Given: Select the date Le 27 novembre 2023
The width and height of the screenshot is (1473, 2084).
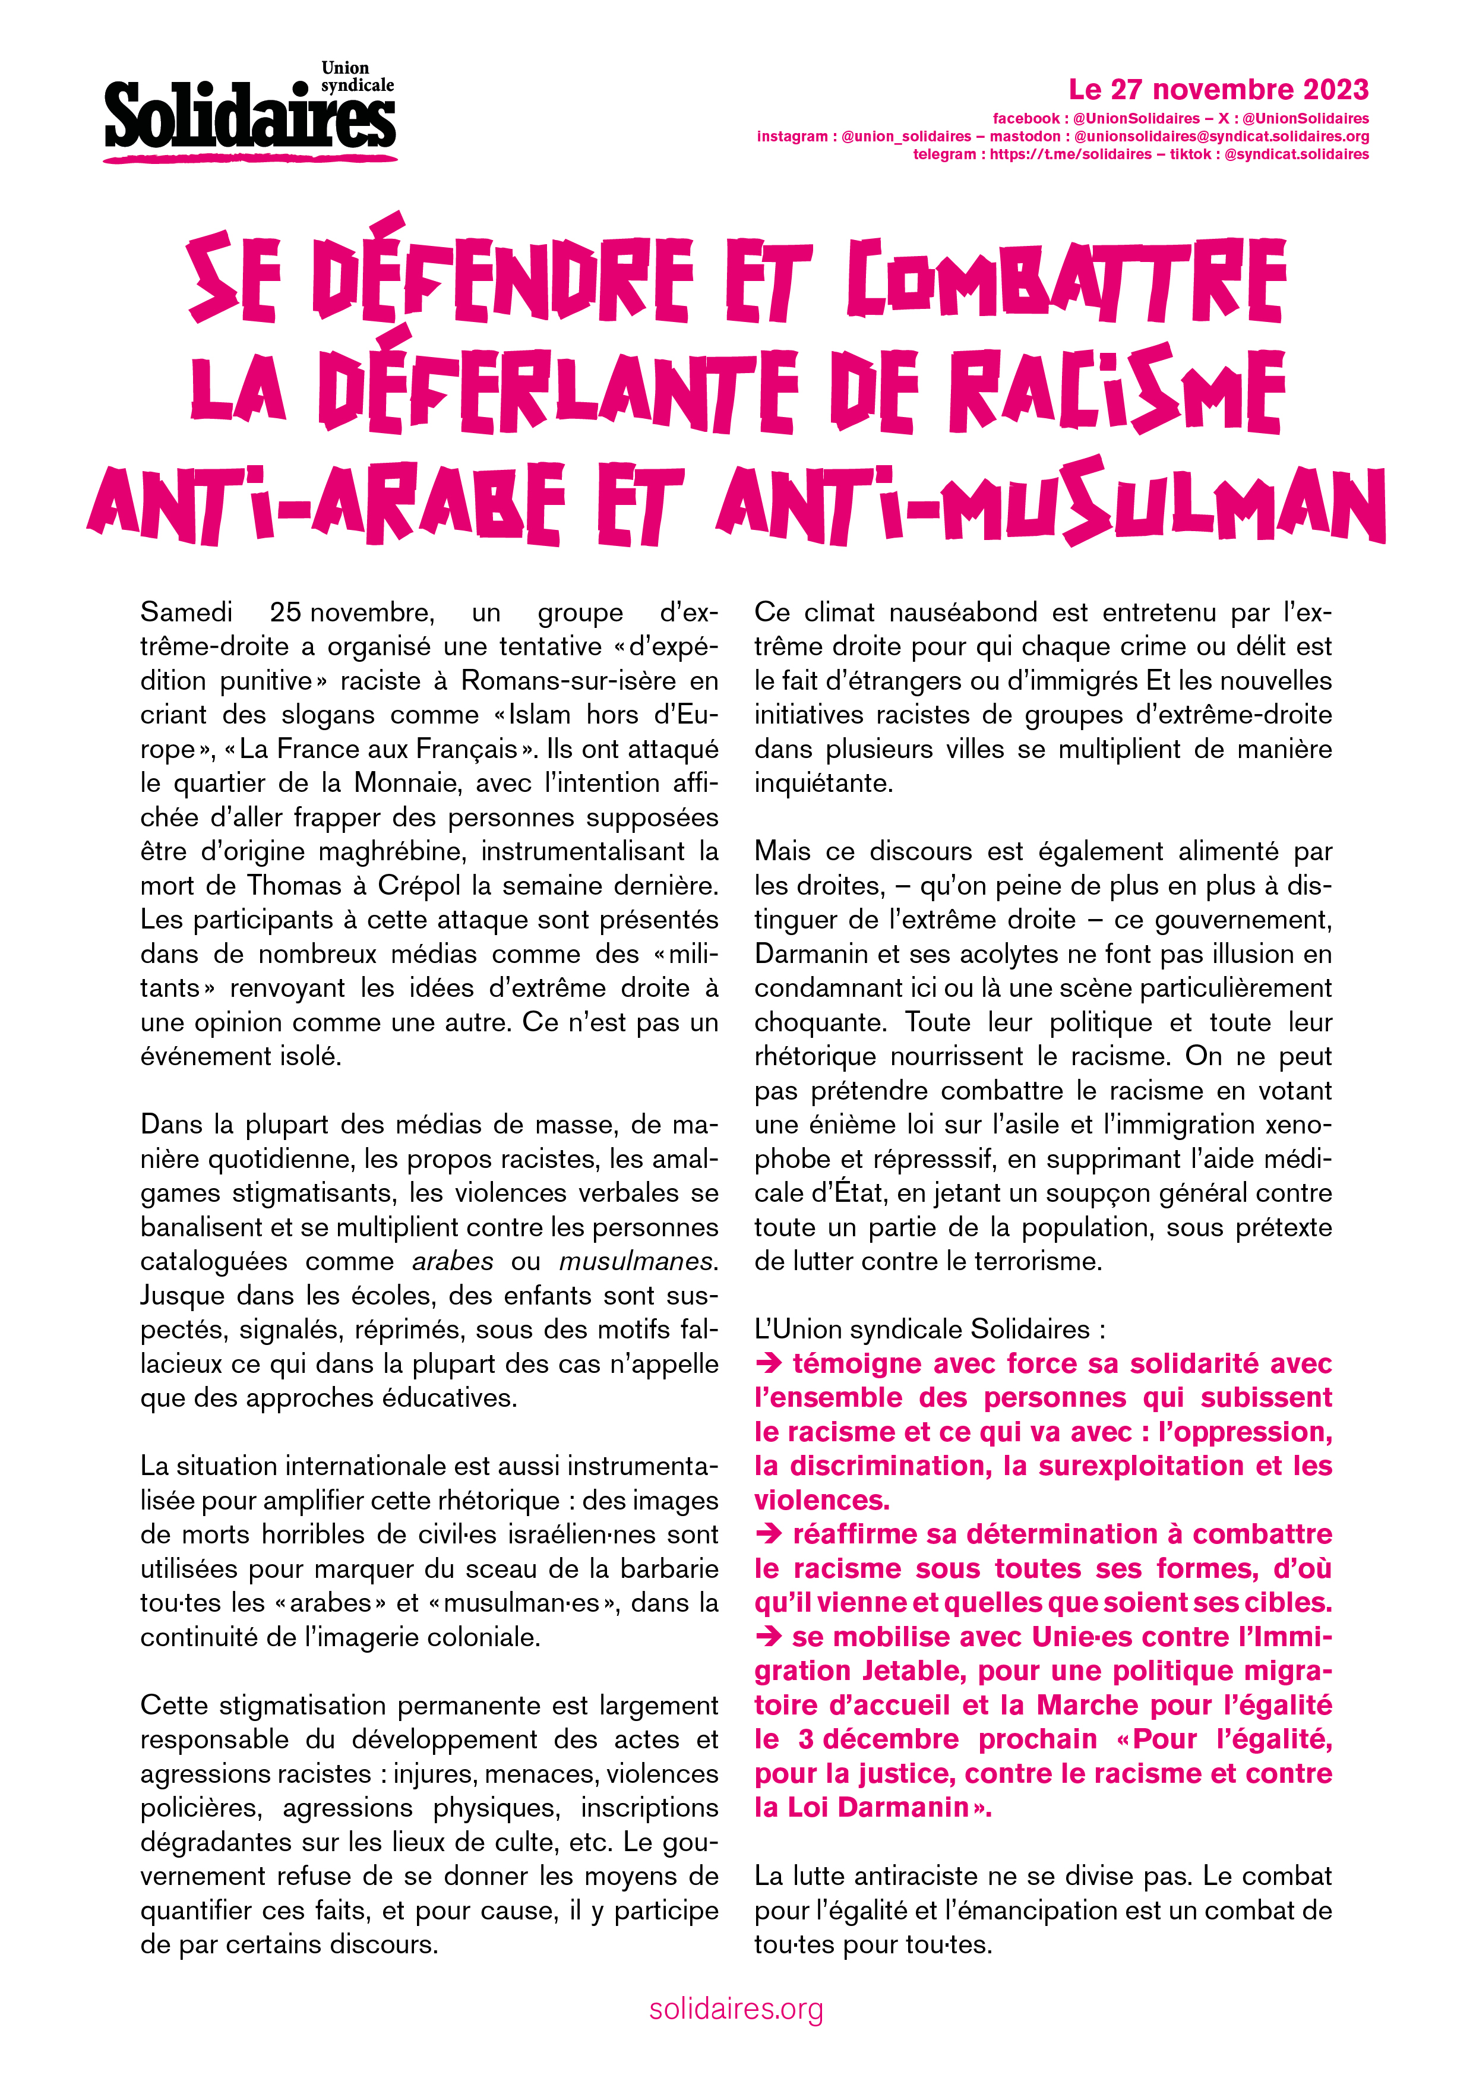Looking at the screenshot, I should pyautogui.click(x=1218, y=90).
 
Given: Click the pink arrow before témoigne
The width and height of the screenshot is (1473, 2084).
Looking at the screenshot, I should pyautogui.click(x=769, y=1364).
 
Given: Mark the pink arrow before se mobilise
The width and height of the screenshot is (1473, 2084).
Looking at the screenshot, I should pyautogui.click(x=769, y=1637).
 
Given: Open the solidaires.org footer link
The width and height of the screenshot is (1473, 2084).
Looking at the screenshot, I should pyautogui.click(x=736, y=2010).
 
